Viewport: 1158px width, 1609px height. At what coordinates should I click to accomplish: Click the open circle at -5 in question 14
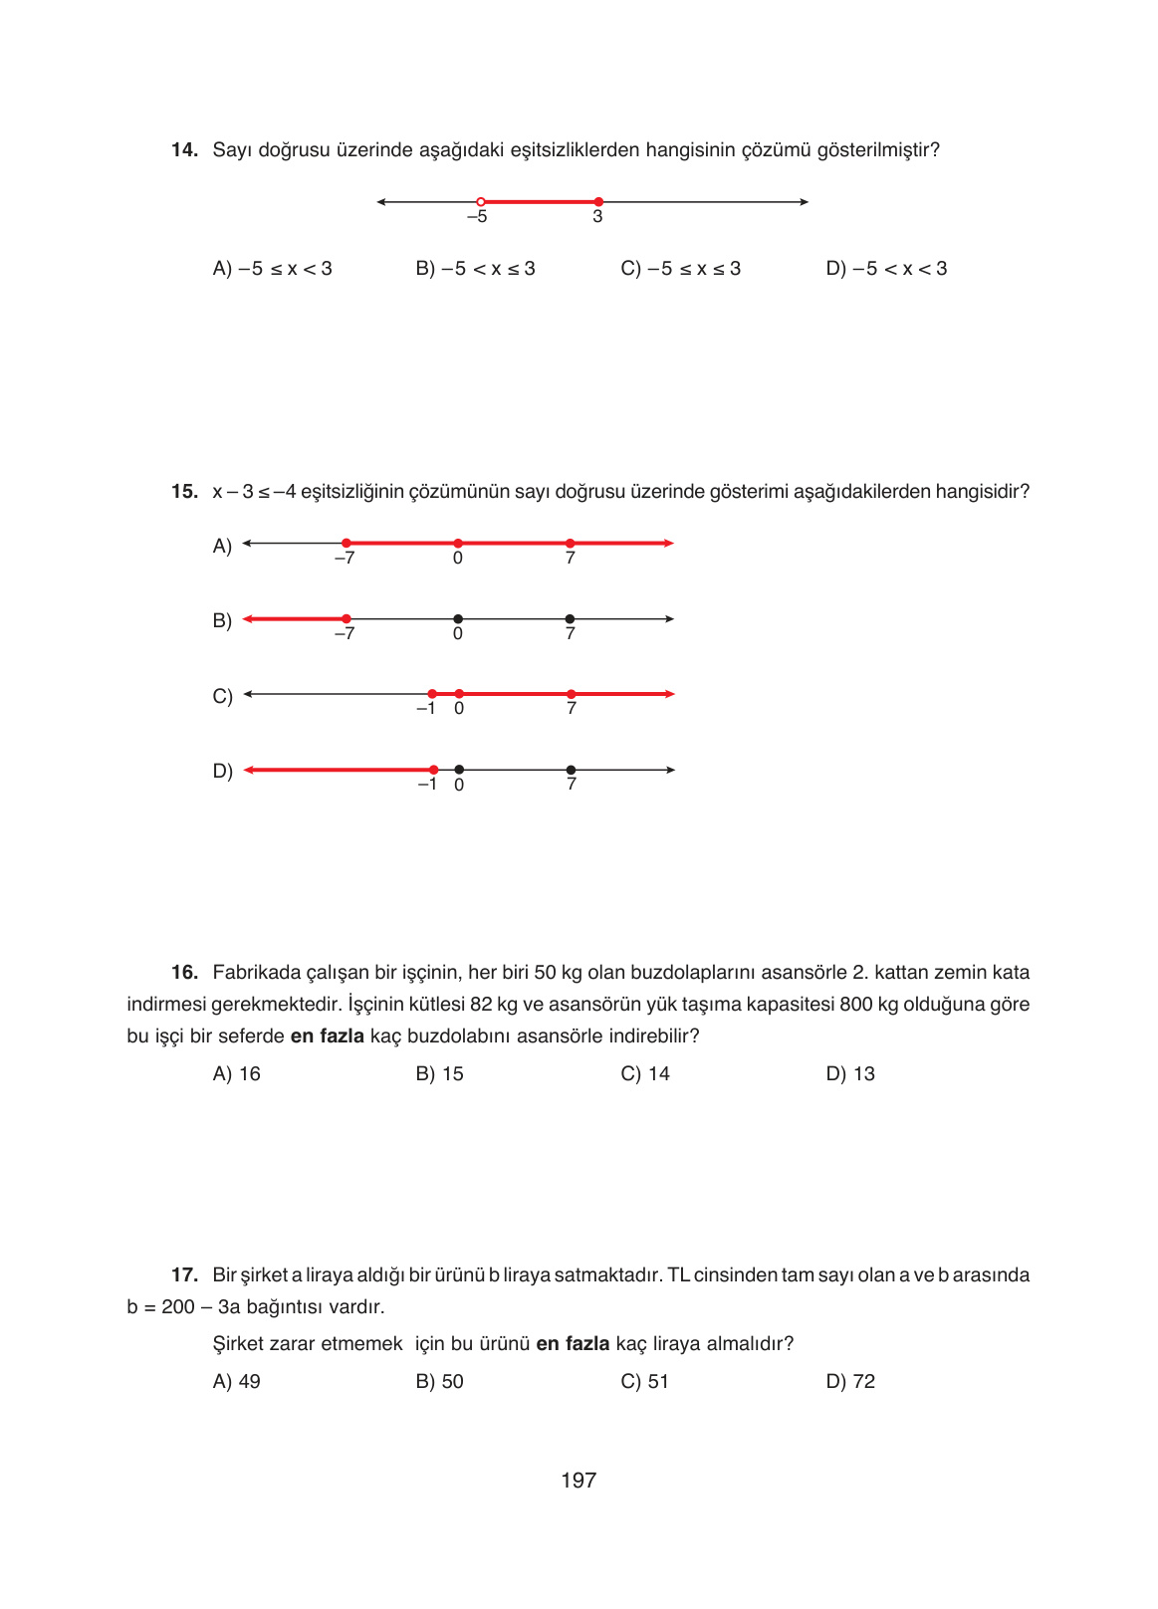481,202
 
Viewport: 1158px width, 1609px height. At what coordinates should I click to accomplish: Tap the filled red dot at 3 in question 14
598,202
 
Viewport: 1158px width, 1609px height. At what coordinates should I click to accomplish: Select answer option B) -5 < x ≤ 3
475,269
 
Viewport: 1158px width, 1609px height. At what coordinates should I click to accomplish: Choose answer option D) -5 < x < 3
886,269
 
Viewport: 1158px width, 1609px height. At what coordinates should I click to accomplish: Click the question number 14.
184,150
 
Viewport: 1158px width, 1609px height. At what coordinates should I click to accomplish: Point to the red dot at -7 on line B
347,619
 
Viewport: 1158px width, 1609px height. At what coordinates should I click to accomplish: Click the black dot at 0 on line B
458,619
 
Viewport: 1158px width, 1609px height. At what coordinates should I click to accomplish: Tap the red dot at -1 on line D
433,770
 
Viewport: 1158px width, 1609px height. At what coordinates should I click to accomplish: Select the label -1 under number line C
425,709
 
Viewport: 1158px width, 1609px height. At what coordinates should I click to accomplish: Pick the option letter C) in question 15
222,696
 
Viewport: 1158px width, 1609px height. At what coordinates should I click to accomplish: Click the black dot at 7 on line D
571,770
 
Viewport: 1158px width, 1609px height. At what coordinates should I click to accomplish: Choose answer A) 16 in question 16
237,1074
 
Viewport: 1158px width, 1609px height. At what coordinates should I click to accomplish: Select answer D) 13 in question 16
850,1074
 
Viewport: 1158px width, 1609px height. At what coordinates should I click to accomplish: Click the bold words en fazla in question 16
327,1036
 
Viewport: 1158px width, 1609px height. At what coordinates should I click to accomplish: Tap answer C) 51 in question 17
644,1382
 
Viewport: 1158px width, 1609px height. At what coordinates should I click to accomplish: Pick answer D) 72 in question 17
850,1382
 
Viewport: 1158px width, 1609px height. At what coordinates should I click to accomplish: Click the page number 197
579,1481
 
